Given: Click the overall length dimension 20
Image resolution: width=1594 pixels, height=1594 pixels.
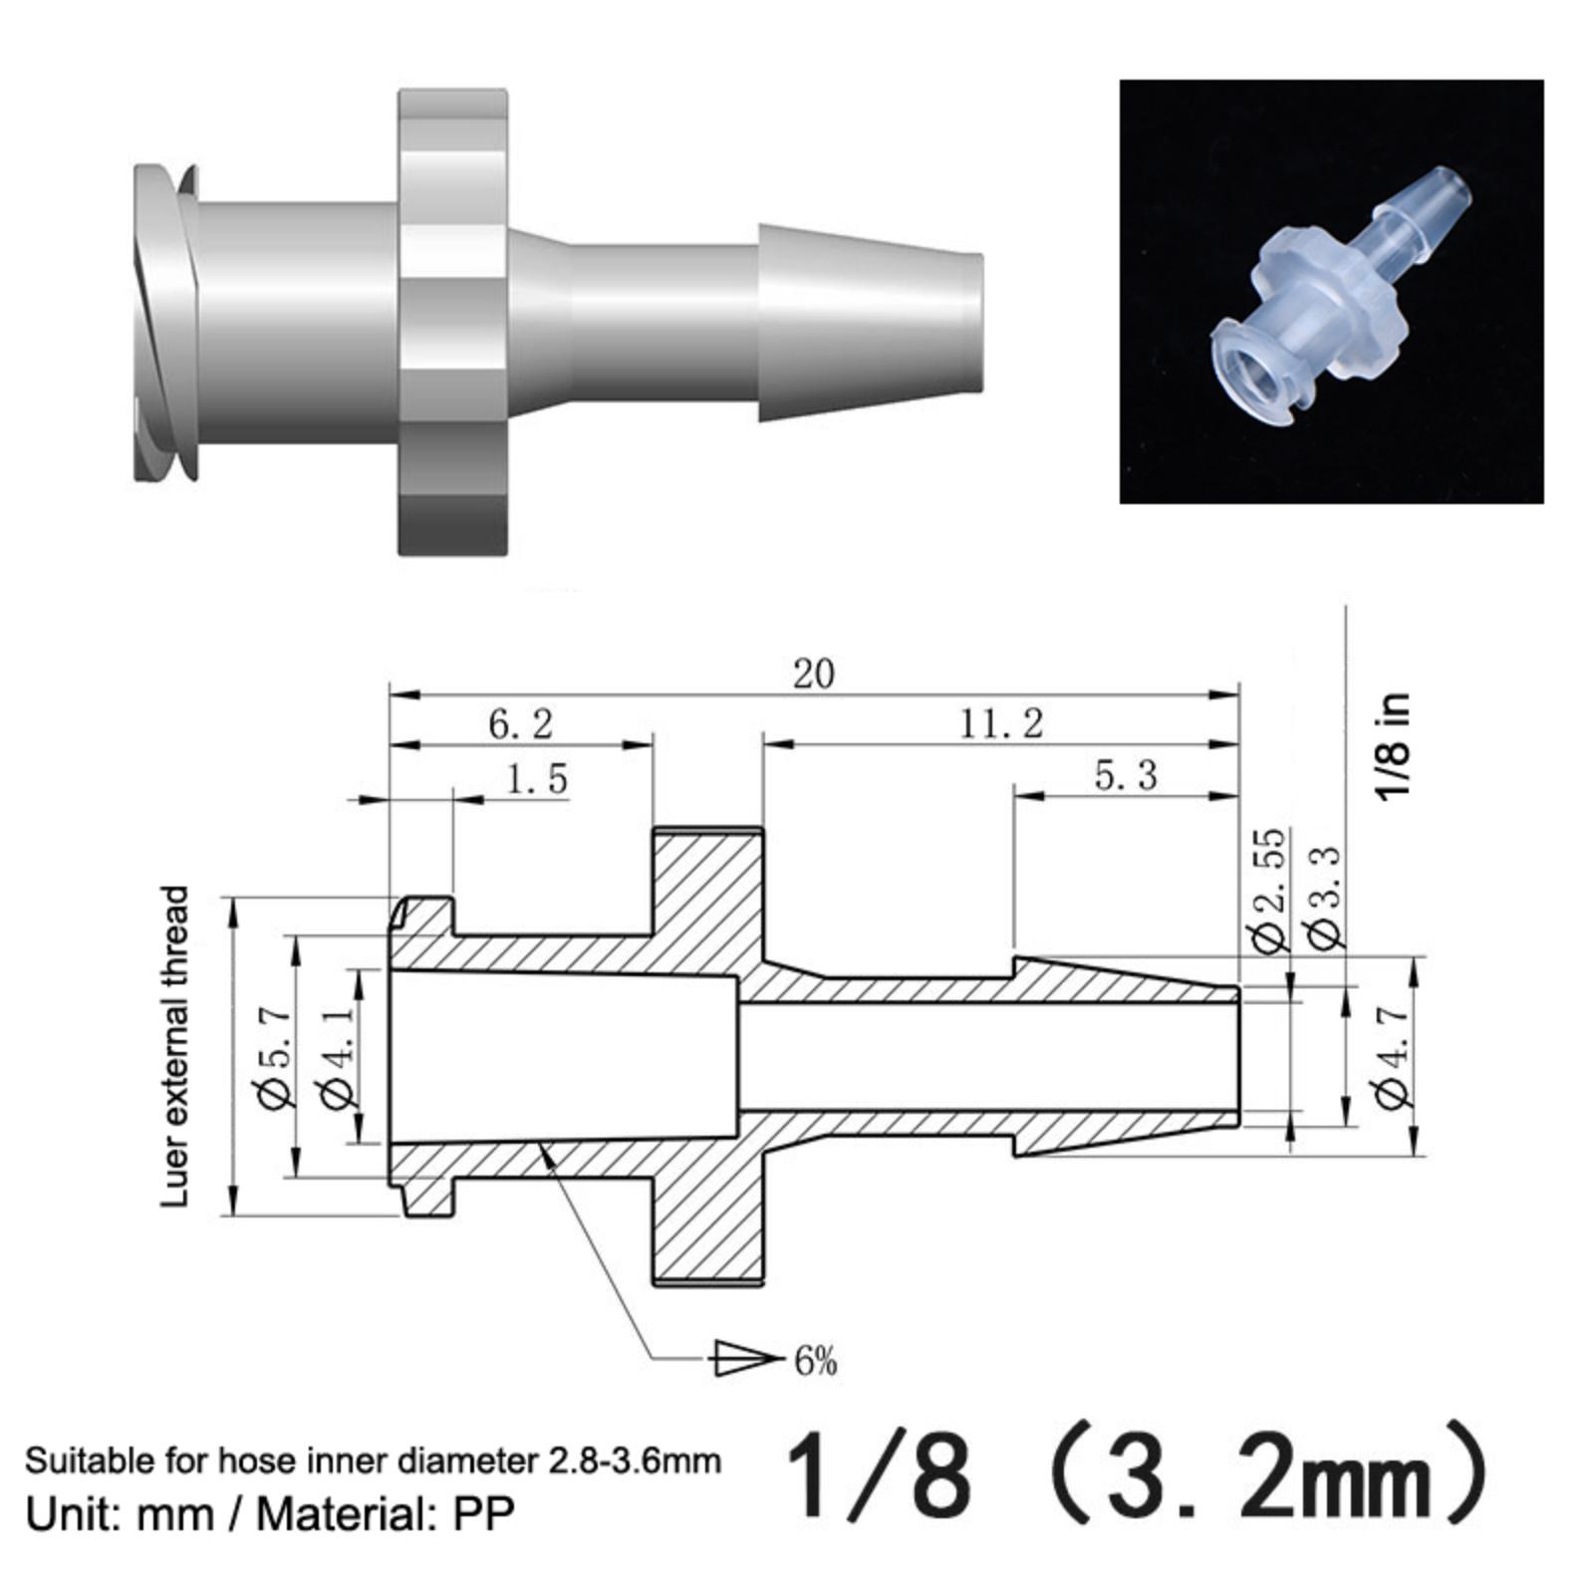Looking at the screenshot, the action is point(813,674).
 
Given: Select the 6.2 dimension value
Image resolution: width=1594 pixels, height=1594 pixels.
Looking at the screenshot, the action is point(520,724).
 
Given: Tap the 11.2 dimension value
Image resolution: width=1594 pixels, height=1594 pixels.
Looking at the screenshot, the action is point(1000,724).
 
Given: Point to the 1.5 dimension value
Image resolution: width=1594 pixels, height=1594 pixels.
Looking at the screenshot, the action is point(537,778).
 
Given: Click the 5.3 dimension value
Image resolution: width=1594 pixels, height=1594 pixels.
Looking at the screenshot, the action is point(1126,775).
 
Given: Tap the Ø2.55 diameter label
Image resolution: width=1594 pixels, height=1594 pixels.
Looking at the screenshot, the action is point(1268,890).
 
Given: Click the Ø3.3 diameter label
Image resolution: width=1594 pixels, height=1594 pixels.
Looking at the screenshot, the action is point(1324,898).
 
